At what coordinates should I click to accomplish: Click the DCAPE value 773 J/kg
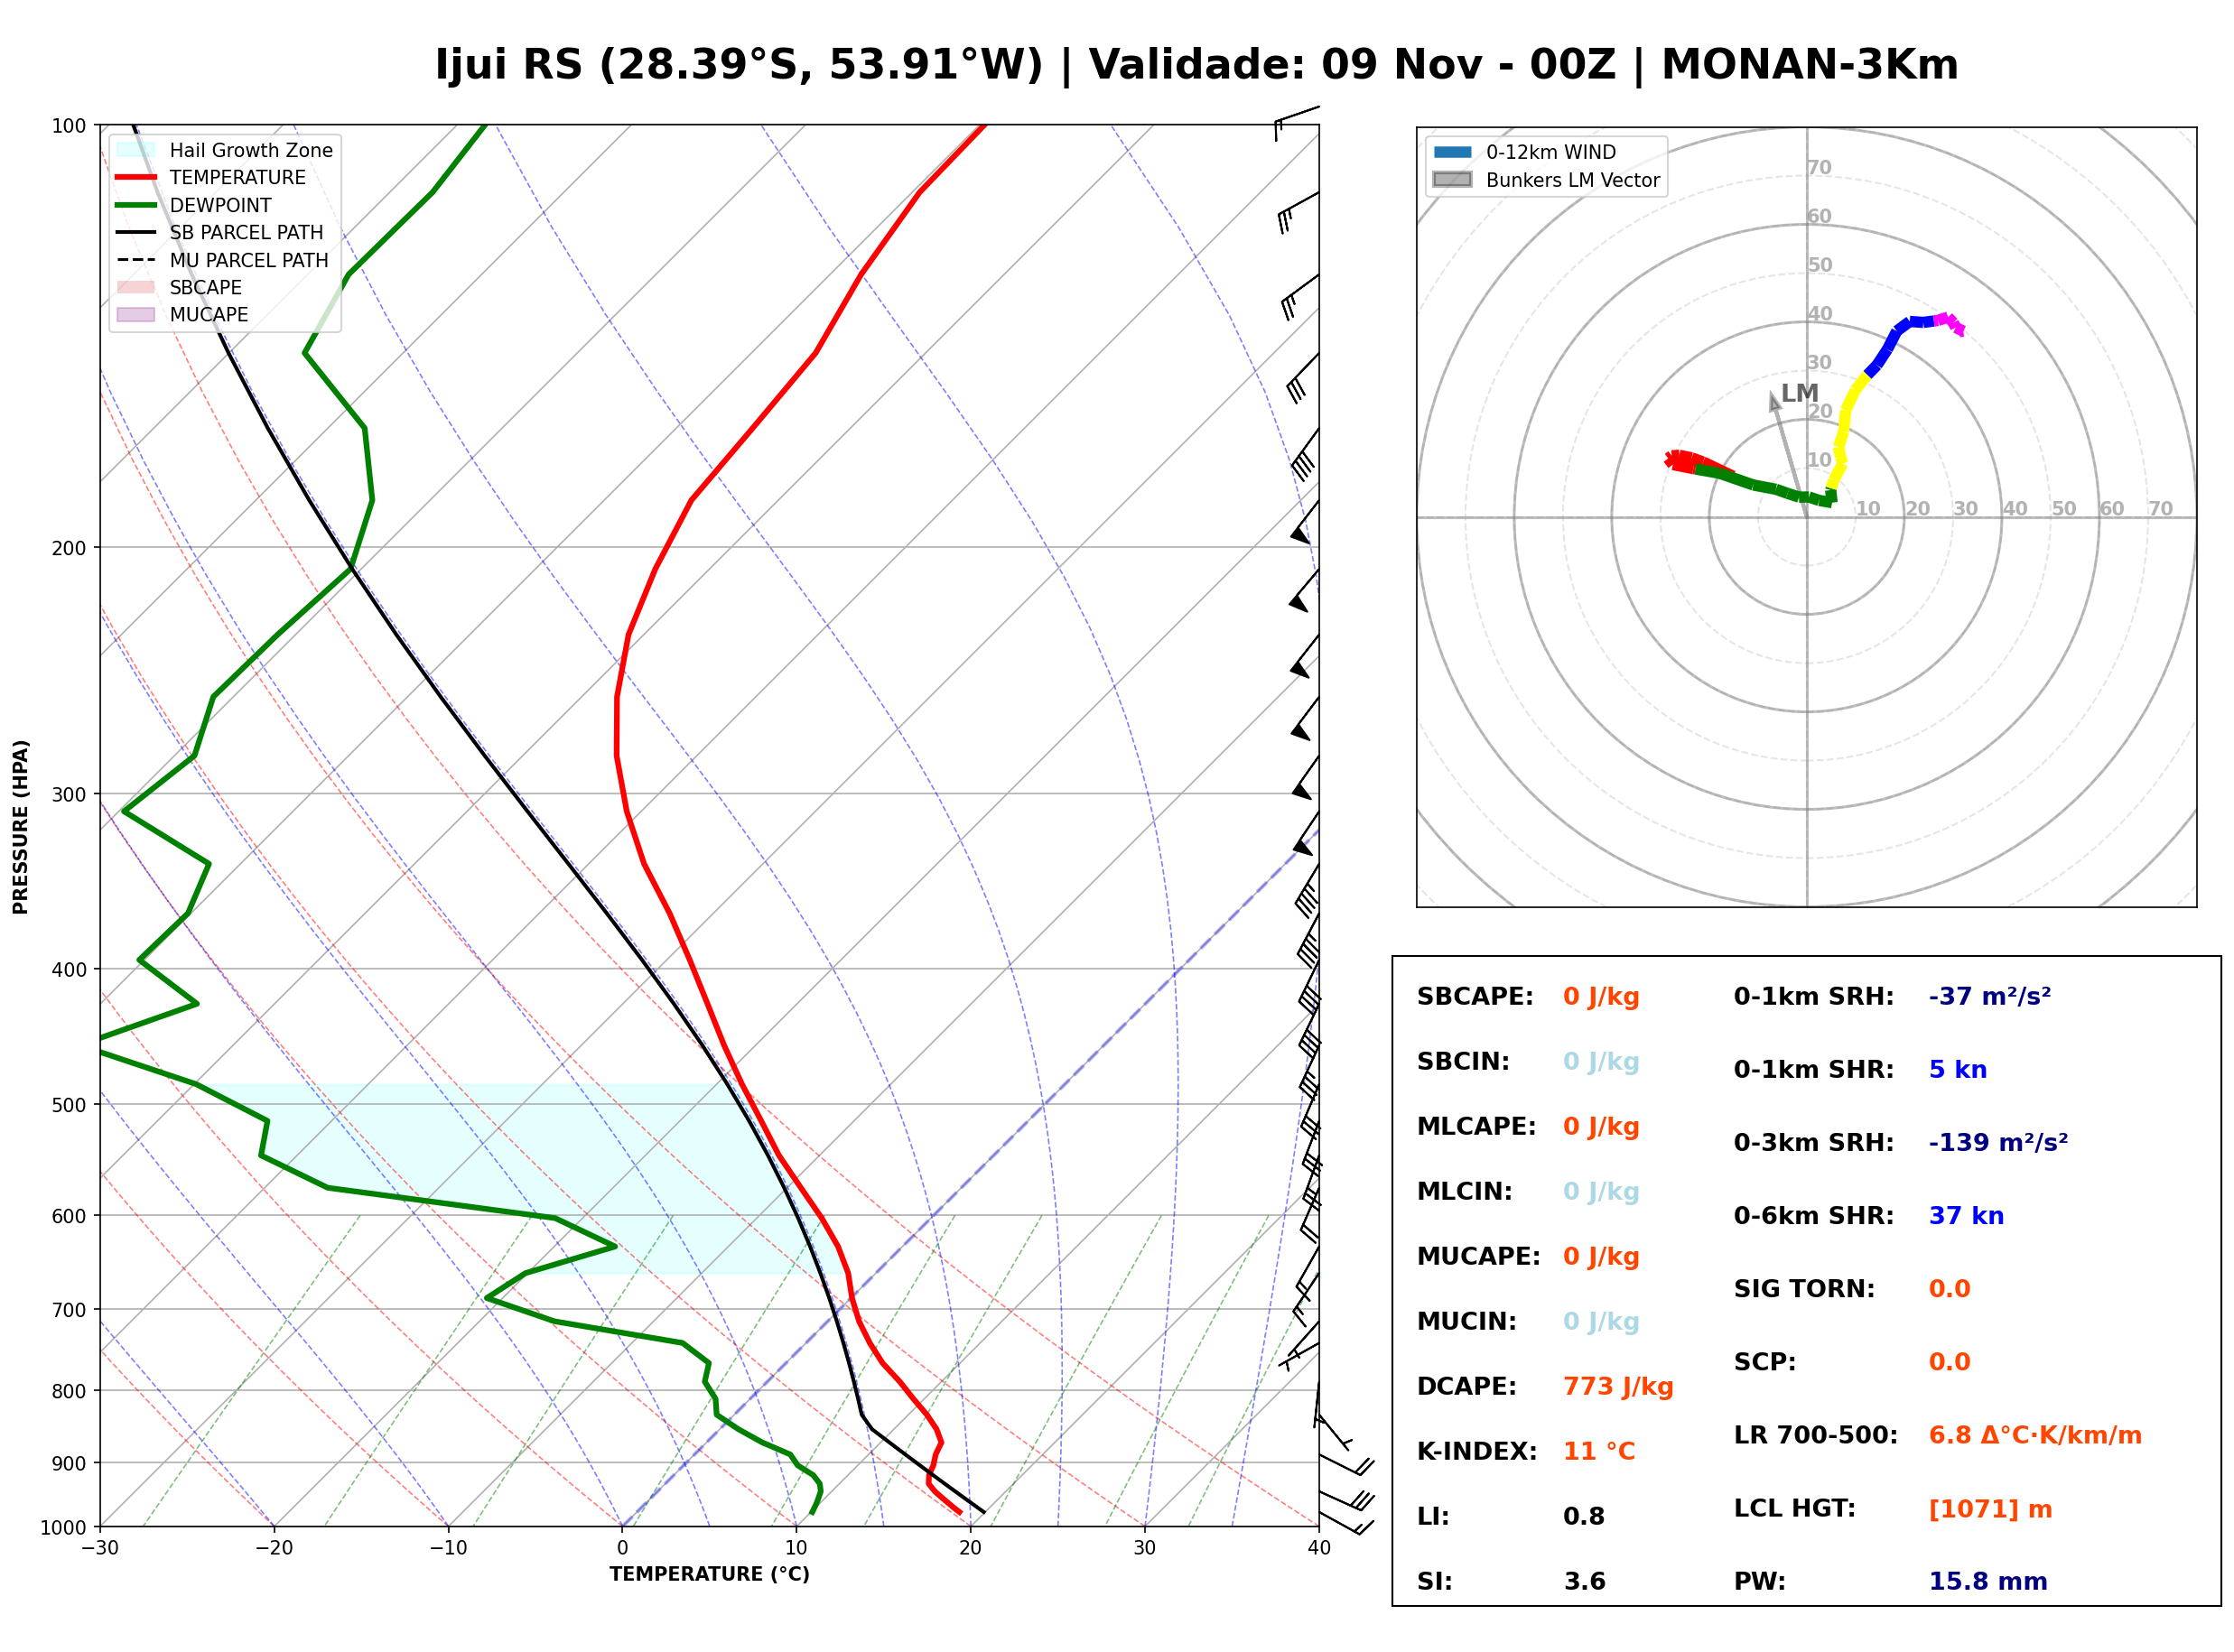point(1617,1386)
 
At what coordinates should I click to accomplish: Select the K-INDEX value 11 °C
point(1598,1451)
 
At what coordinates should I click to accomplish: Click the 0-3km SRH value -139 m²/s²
point(1998,1142)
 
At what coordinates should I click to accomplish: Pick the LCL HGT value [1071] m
point(1990,1509)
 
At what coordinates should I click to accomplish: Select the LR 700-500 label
point(1815,1435)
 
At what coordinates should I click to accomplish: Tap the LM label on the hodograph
point(1800,393)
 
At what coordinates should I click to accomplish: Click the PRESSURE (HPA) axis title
point(21,826)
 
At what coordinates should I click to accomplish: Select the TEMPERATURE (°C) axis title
point(709,1574)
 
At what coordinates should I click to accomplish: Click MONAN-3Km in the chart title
point(1809,64)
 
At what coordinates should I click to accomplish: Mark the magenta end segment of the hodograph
point(1950,323)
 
